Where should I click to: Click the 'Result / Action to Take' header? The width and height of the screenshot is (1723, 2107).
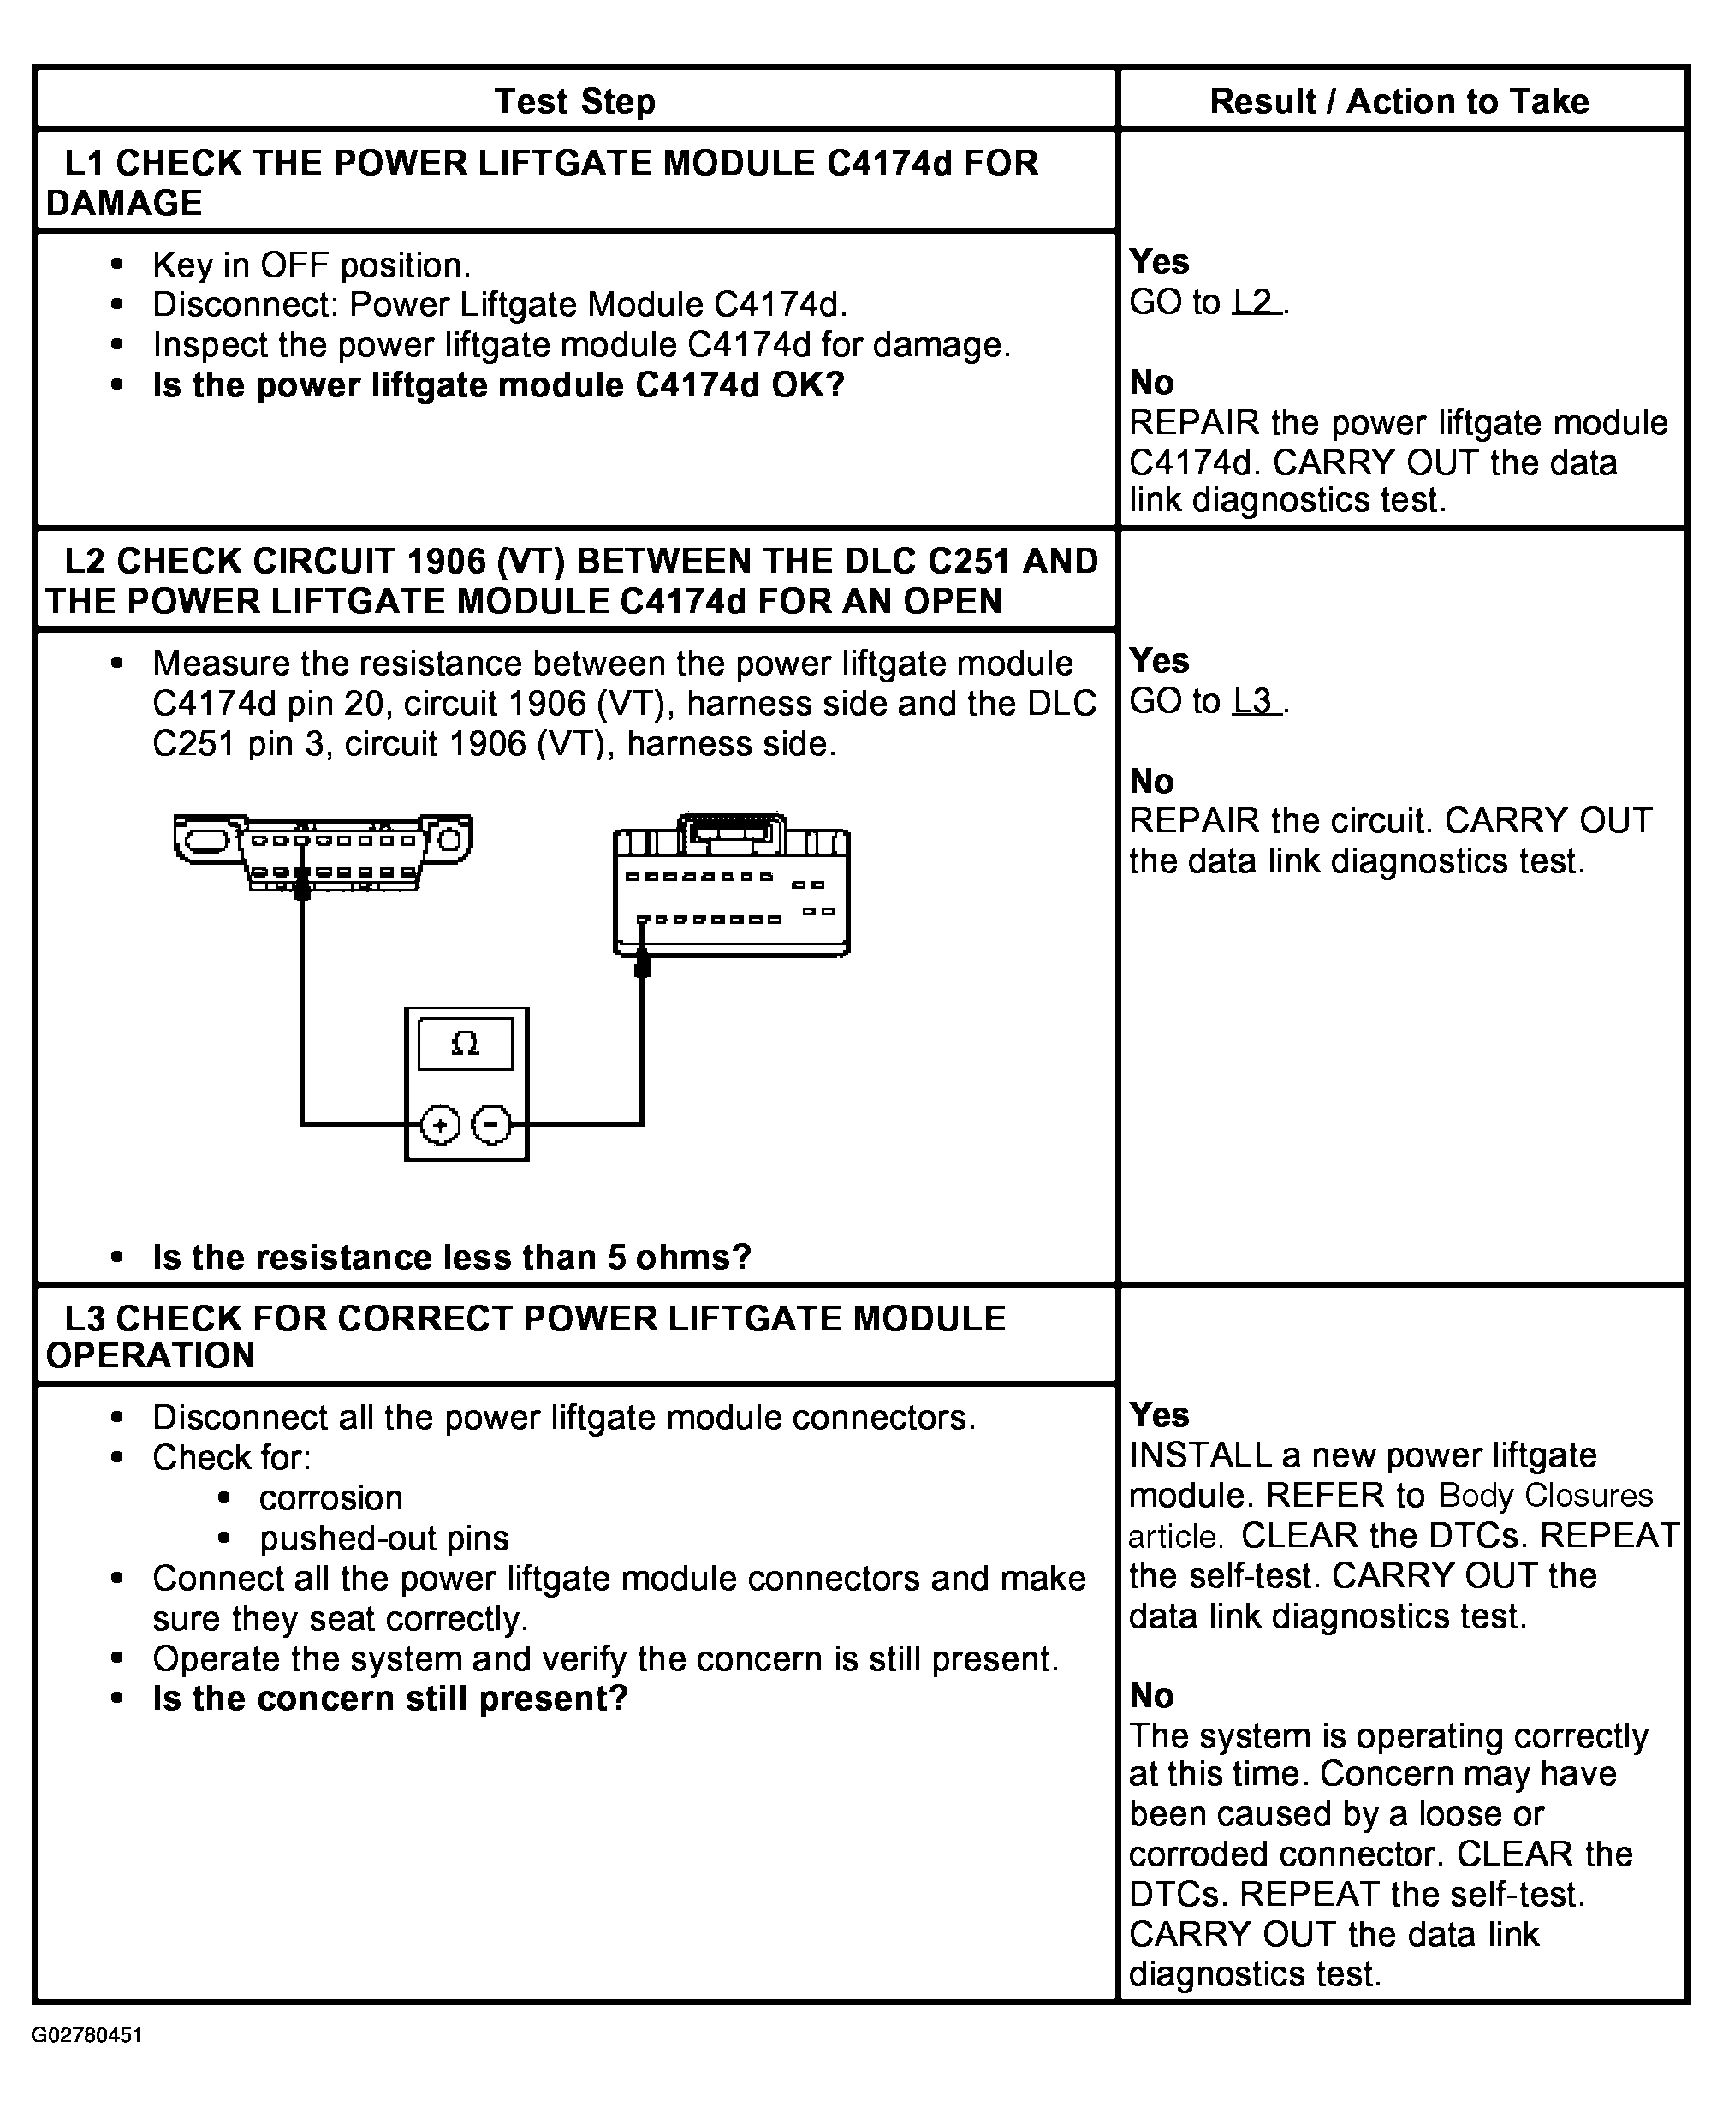[x=1399, y=101]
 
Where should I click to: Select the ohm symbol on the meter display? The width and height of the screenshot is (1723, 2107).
[x=465, y=1044]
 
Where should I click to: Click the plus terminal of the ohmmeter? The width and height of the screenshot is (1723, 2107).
[x=441, y=1125]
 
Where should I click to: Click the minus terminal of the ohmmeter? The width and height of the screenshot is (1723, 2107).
[x=491, y=1125]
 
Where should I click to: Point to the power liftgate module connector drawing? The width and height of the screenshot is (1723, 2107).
[x=732, y=887]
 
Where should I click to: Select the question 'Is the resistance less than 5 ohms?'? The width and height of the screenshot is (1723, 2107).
[x=452, y=1257]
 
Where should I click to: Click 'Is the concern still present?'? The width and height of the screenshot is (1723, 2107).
[x=390, y=1698]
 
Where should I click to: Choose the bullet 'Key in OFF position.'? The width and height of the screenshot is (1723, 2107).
[x=311, y=265]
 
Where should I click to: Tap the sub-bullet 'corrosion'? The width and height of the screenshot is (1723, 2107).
[x=330, y=1497]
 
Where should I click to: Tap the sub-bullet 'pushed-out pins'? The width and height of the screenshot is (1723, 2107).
[x=384, y=1538]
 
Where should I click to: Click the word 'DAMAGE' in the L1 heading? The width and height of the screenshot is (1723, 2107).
[x=124, y=204]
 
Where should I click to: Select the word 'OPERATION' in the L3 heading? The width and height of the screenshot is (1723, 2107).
[x=151, y=1355]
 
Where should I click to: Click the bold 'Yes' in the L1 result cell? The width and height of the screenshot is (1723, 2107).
[x=1159, y=261]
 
